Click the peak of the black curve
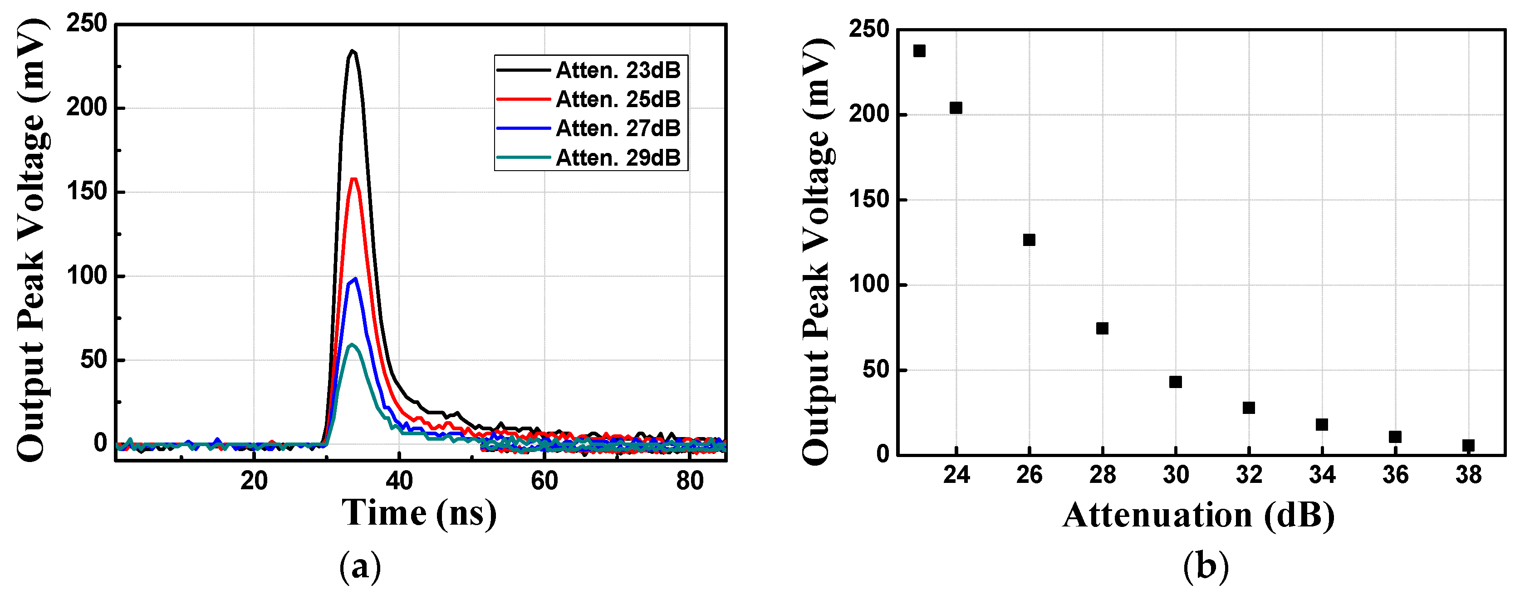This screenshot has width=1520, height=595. pyautogui.click(x=352, y=51)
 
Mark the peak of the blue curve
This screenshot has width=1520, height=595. pyautogui.click(x=355, y=279)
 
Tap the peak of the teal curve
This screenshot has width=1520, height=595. pyautogui.click(x=352, y=344)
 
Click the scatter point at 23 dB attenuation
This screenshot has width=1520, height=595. pyautogui.click(x=919, y=51)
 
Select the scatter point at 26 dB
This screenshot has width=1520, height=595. pyautogui.click(x=1029, y=240)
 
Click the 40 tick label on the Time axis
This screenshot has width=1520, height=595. pyautogui.click(x=399, y=482)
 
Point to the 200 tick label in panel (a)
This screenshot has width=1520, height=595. pyautogui.click(x=87, y=108)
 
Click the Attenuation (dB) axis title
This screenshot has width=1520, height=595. pyautogui.click(x=1198, y=515)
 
